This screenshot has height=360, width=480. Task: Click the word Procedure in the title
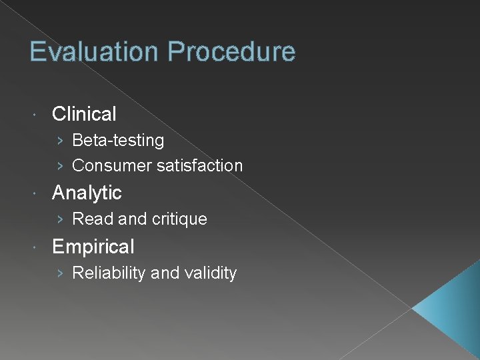[x=231, y=52]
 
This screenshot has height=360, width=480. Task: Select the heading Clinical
[x=84, y=114]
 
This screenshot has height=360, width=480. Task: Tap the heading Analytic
[x=87, y=193]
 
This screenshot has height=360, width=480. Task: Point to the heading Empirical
[x=93, y=247]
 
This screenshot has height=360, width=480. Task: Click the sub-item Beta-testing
[x=118, y=141]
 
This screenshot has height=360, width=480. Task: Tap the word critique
[x=178, y=219]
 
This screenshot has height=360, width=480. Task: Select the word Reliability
[x=109, y=273]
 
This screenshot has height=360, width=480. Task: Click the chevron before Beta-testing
[x=60, y=141]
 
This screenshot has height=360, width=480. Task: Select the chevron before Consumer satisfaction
[x=60, y=166]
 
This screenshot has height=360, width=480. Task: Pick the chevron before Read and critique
[x=60, y=219]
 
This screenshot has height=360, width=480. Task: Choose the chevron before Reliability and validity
[x=60, y=273]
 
